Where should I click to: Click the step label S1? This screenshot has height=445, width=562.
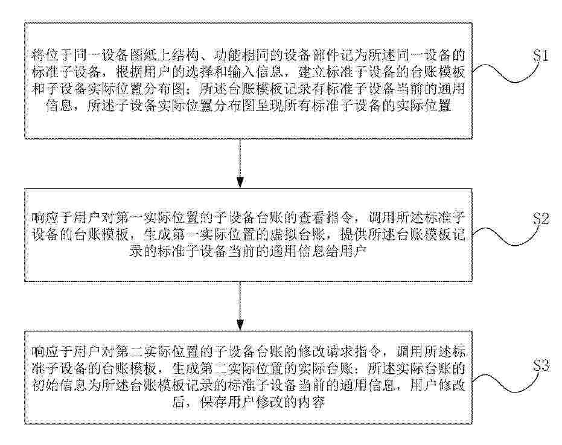click(x=540, y=56)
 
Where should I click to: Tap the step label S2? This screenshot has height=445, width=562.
click(x=541, y=219)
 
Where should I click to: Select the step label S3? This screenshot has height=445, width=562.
click(x=541, y=365)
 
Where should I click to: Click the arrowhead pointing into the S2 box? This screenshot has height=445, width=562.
click(x=240, y=182)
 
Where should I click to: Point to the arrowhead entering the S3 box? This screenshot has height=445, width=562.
click(x=240, y=324)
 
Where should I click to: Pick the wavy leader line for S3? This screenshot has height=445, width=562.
click(x=505, y=381)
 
